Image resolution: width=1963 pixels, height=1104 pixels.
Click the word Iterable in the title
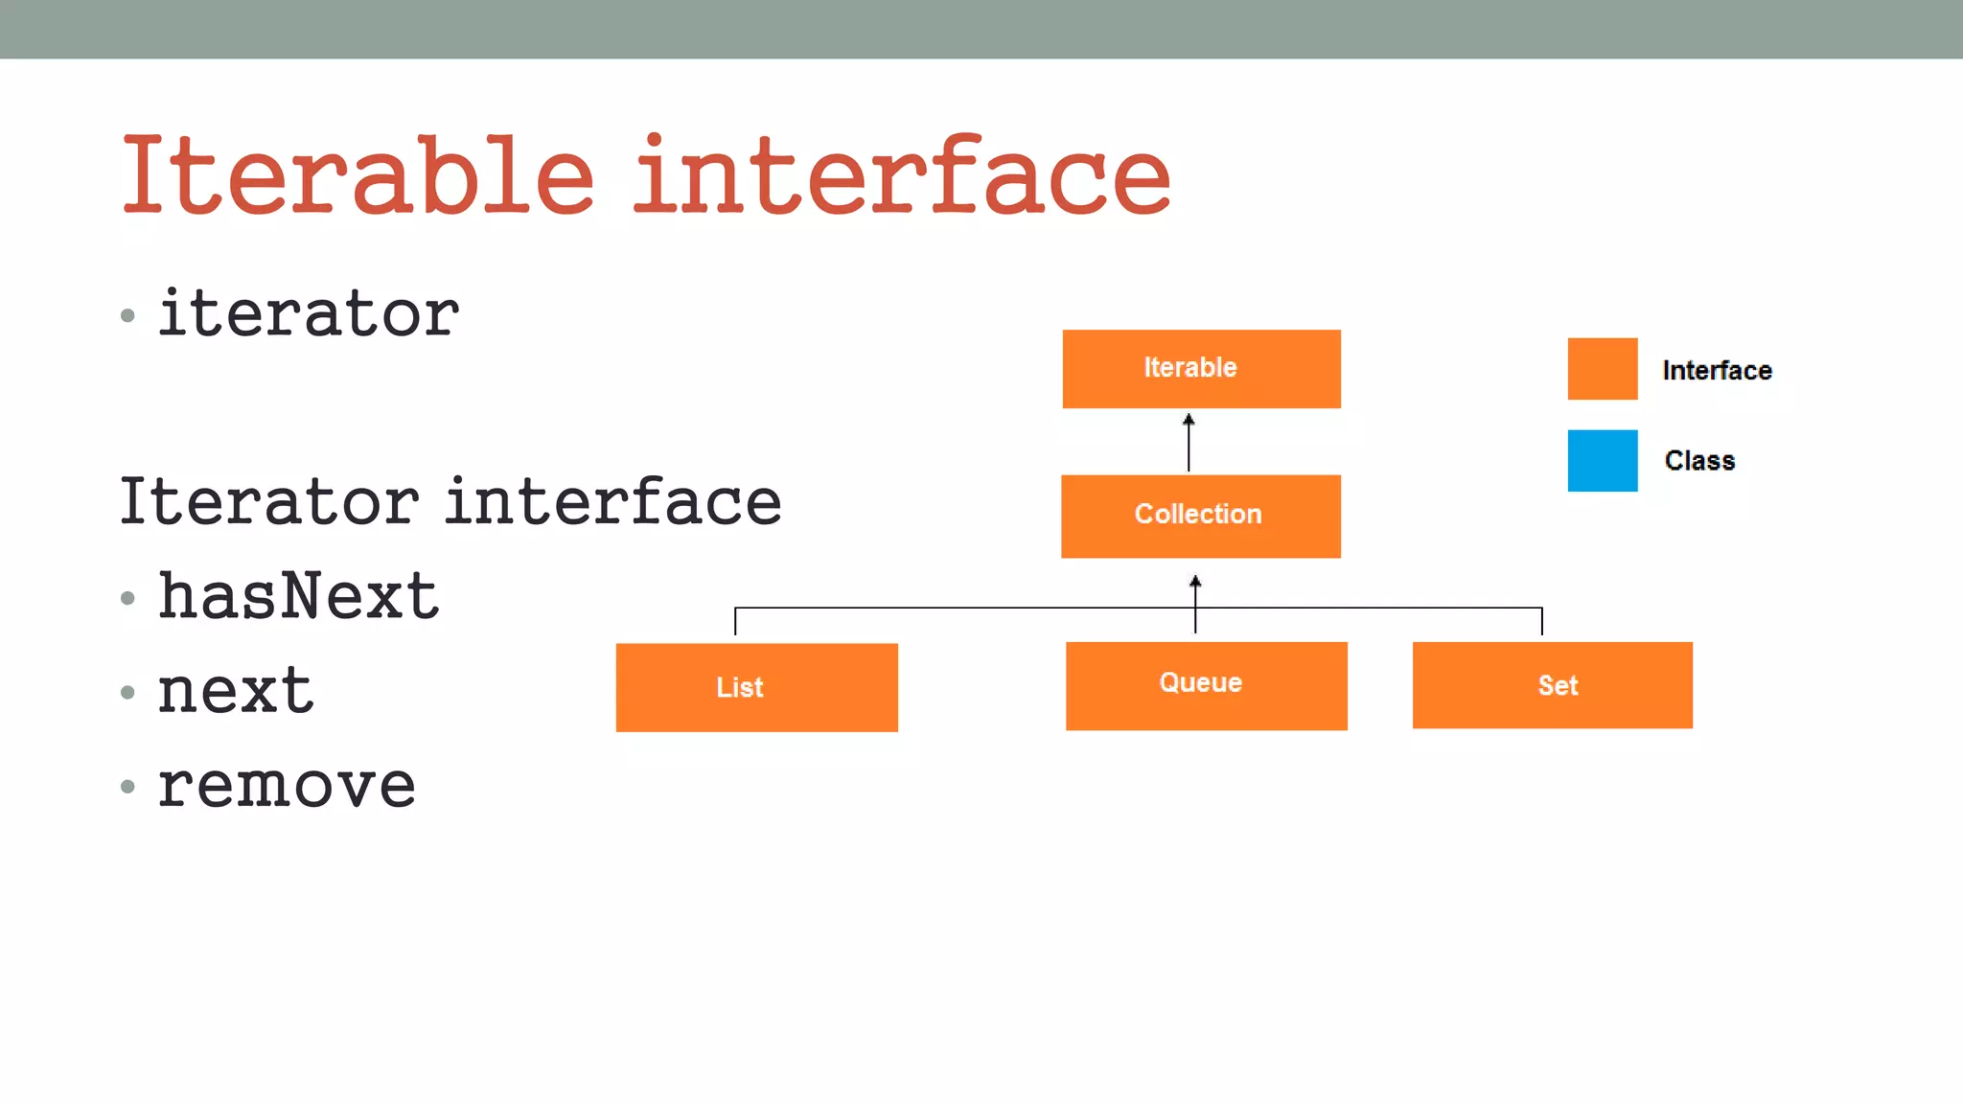[357, 175]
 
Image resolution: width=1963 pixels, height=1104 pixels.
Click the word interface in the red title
[901, 175]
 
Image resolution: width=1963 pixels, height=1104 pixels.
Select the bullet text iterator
[309, 313]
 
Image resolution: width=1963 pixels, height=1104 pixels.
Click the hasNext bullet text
[298, 596]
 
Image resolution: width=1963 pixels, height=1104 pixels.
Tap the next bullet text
[235, 690]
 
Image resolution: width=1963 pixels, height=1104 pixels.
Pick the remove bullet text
[286, 785]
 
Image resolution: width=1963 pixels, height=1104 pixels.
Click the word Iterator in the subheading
[269, 501]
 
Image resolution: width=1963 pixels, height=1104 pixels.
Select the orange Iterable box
[1201, 369]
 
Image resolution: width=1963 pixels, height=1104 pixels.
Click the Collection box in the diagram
[1200, 516]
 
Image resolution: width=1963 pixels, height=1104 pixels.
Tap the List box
[756, 687]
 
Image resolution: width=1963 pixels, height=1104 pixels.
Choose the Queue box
[1206, 685]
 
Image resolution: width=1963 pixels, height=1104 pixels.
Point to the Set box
[1552, 685]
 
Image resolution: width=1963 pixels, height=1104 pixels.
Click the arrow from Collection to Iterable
[1189, 443]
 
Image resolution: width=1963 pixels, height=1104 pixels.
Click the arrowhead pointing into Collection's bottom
[1195, 582]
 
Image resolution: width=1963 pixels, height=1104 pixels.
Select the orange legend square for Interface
[1602, 369]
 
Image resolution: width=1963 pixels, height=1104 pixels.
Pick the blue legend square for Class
[1602, 461]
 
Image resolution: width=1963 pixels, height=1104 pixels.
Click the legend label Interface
[1717, 371]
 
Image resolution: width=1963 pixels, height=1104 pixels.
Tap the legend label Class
[1699, 461]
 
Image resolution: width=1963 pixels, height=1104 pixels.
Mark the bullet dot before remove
[128, 787]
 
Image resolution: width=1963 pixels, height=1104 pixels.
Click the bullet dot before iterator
[128, 315]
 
